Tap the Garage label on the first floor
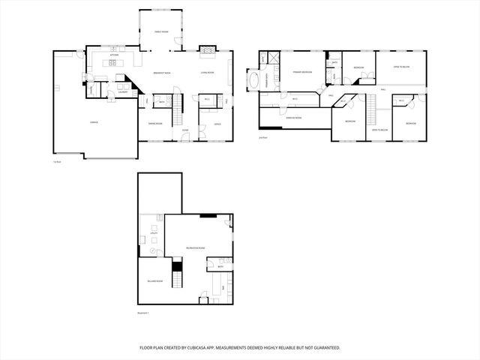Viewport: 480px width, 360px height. [x=94, y=121]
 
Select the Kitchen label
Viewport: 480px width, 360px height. [x=114, y=55]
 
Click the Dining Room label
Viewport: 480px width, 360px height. [x=155, y=124]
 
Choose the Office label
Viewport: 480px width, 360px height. [x=217, y=124]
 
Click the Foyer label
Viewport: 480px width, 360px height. [x=184, y=130]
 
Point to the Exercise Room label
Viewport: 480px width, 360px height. [x=293, y=118]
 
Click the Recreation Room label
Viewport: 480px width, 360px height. [x=196, y=247]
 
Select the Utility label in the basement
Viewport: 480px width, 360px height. [x=153, y=234]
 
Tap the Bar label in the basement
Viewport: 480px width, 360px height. [x=222, y=284]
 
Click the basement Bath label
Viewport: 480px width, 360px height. [x=220, y=266]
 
